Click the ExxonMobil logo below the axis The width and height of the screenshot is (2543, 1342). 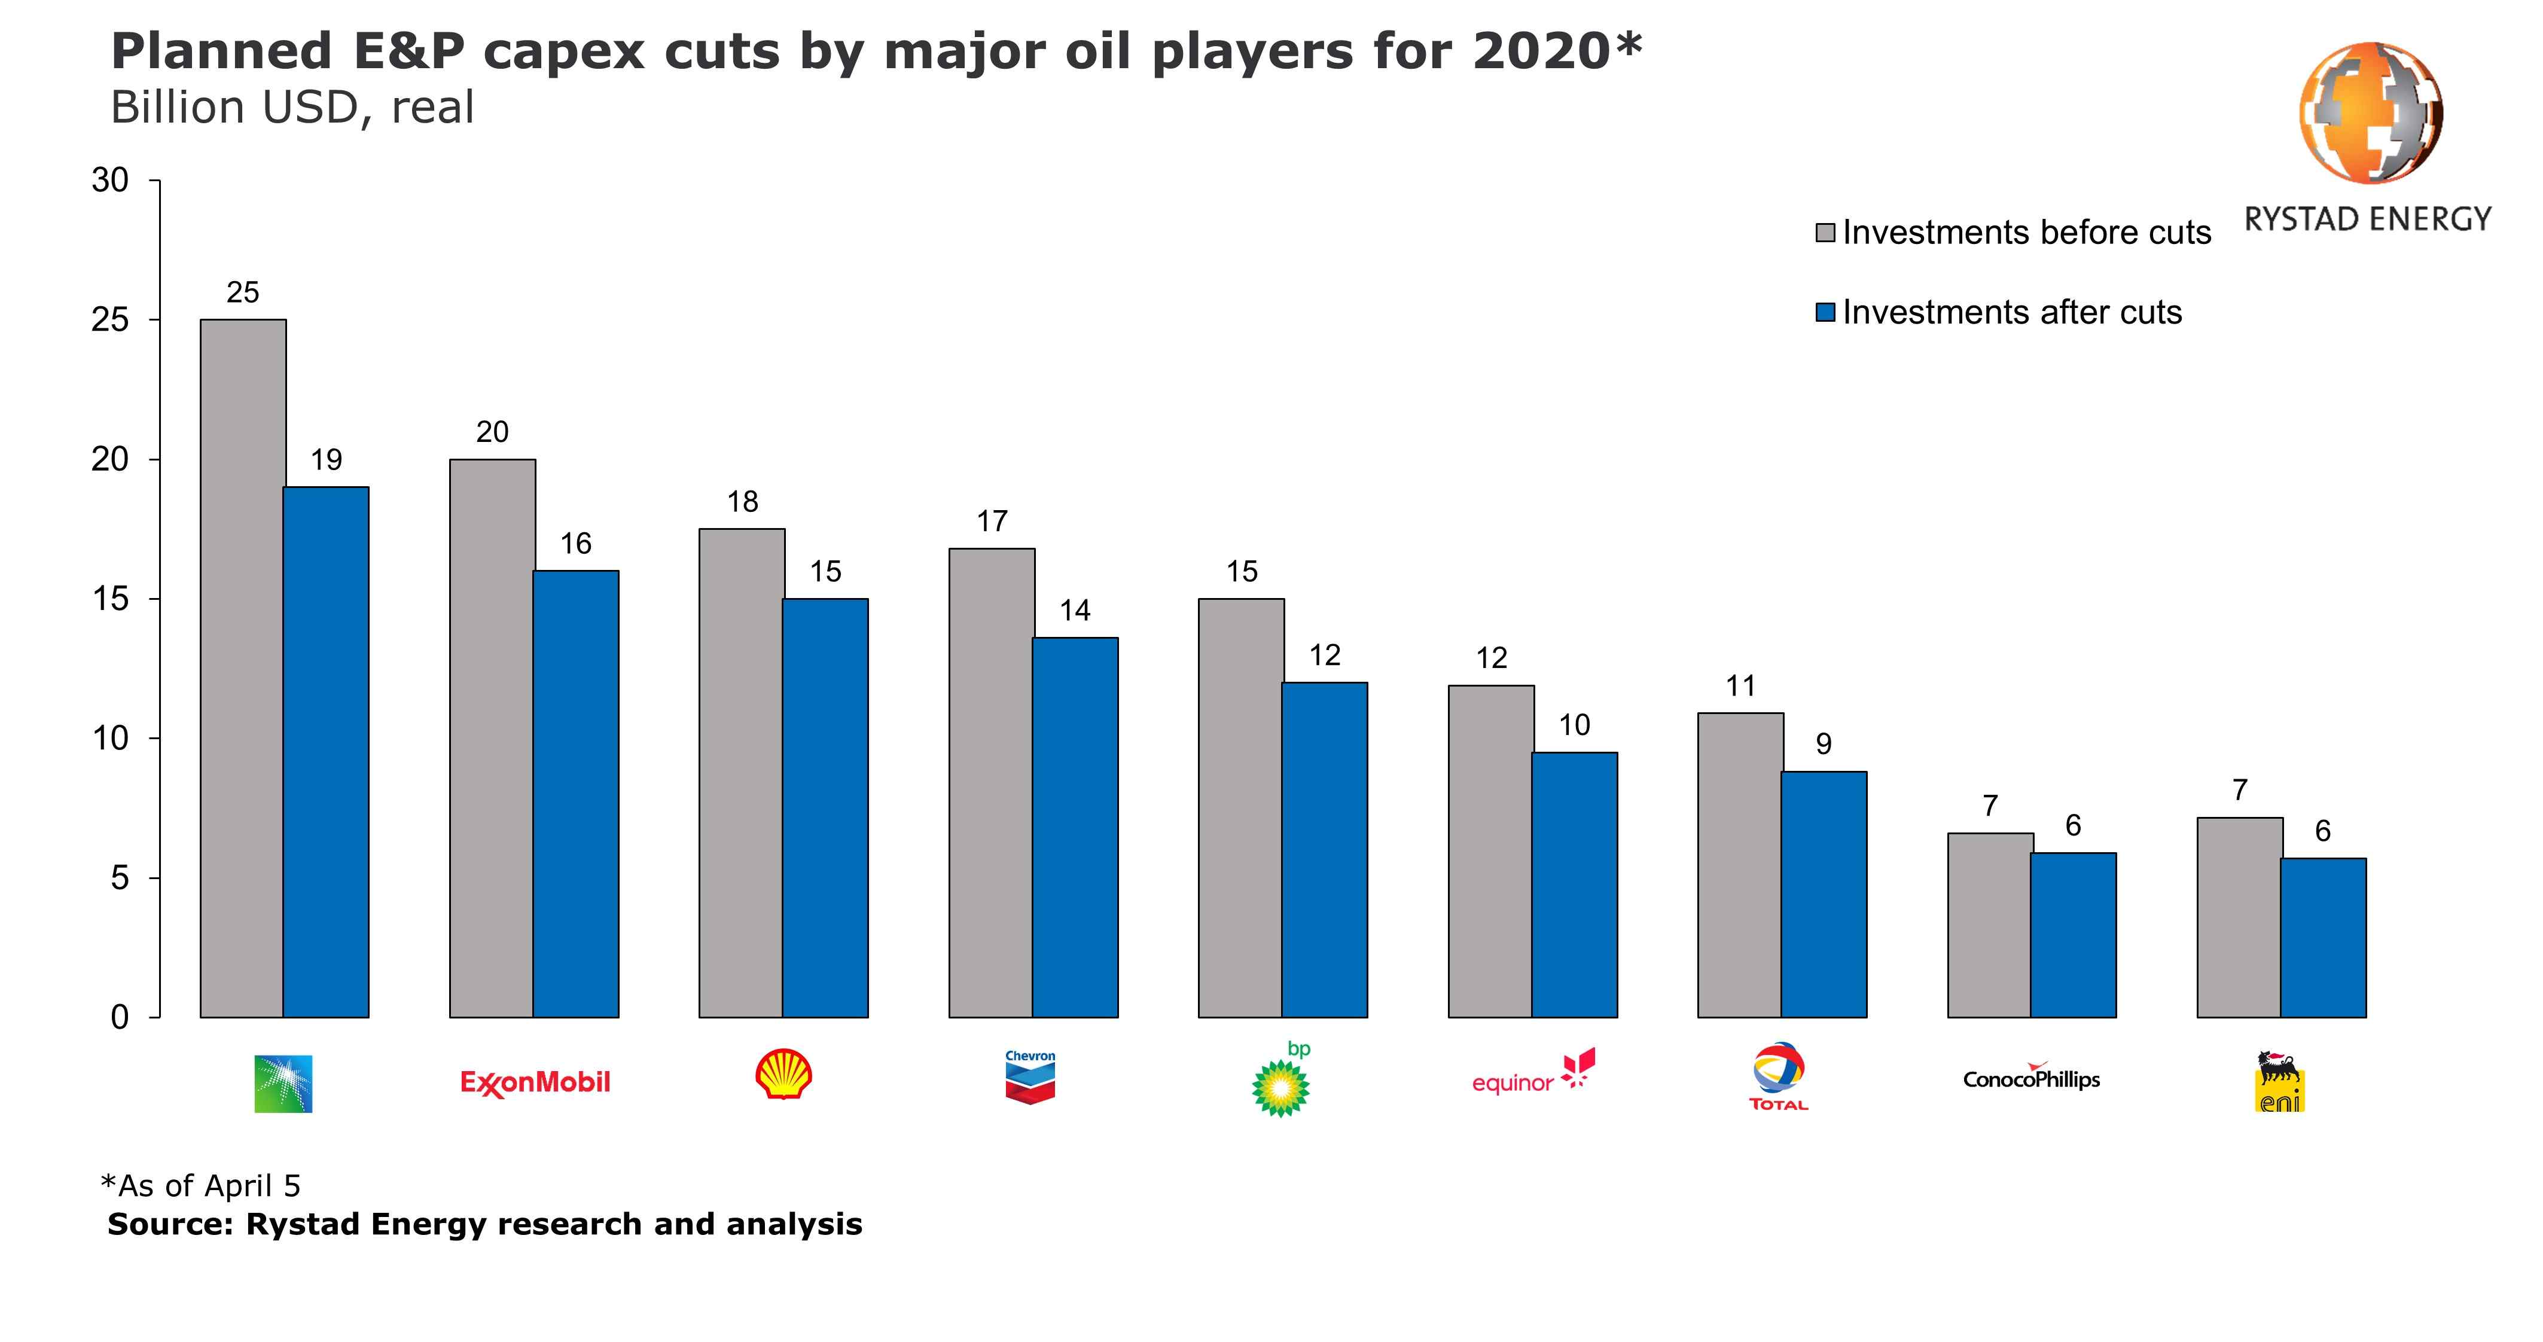pos(535,1082)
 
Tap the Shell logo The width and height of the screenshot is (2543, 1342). pos(784,1075)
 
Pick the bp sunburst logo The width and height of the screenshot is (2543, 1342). pos(1280,1086)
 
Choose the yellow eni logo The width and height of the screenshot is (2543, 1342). pos(2280,1082)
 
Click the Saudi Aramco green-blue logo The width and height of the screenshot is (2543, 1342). pos(283,1083)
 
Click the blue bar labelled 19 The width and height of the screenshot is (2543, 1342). pos(326,752)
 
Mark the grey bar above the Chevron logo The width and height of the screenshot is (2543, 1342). pos(991,782)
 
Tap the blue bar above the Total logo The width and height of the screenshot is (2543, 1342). pos(1824,893)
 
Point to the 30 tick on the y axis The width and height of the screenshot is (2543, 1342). pos(111,181)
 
